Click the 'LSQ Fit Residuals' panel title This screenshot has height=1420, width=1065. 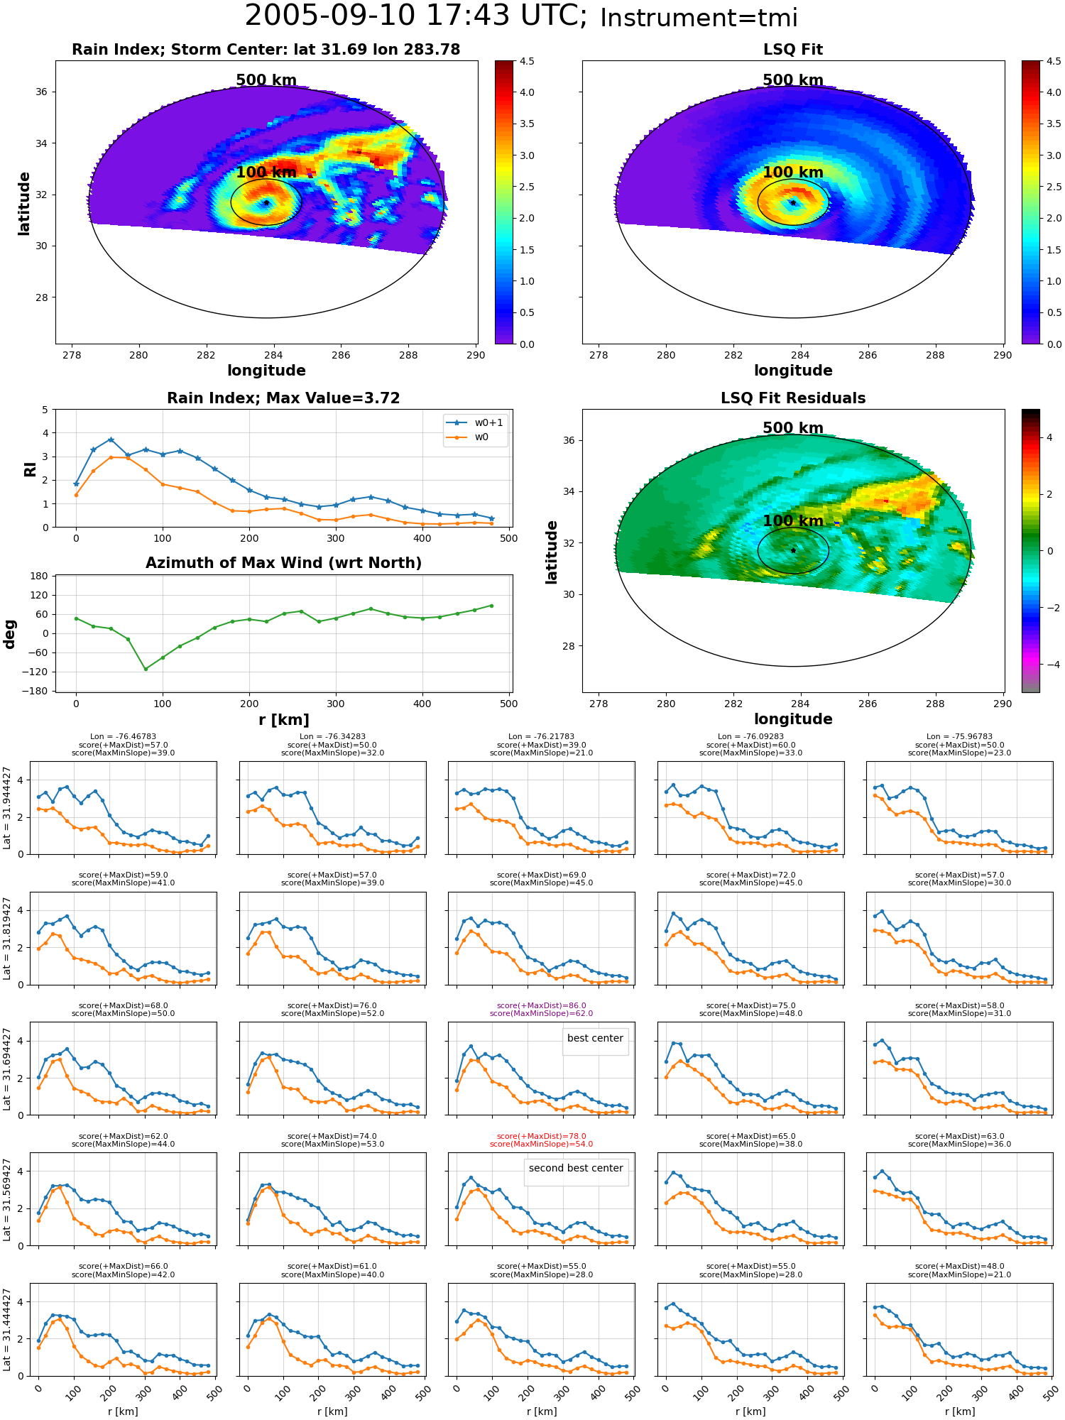tap(793, 398)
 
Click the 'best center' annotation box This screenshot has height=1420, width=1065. tap(595, 1038)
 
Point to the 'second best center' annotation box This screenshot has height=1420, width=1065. tap(576, 1168)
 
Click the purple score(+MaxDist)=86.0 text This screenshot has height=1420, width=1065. tap(541, 1005)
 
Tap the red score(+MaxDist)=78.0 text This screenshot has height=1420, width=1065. tap(541, 1136)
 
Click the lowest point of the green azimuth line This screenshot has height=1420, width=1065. tap(146, 669)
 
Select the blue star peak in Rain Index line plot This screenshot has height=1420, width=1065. tap(111, 439)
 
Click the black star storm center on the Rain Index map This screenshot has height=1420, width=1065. tap(266, 202)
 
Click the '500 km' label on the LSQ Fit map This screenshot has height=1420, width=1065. tap(793, 80)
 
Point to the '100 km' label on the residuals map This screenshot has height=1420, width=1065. tap(793, 520)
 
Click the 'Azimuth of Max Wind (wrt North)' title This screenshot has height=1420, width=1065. tap(283, 563)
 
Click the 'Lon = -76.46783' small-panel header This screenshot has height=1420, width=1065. tap(124, 737)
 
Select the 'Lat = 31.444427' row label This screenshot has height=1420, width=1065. tap(7, 1330)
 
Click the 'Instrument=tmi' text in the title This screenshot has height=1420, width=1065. tap(699, 18)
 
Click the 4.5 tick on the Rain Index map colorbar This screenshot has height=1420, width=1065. tap(527, 61)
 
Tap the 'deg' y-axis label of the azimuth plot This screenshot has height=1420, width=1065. tap(10, 633)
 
